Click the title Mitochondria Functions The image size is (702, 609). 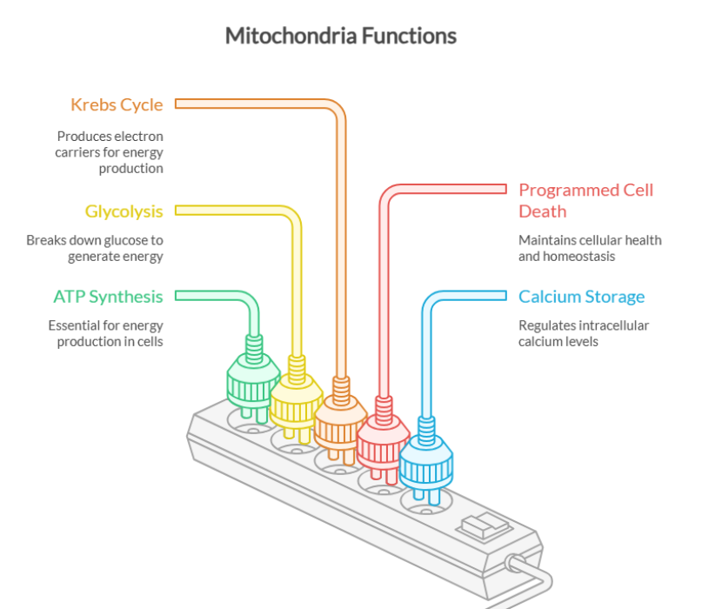[340, 36]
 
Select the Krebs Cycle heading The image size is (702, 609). [117, 105]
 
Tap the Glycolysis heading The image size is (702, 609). [124, 211]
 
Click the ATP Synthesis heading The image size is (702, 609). [108, 297]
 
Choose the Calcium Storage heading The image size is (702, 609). [581, 297]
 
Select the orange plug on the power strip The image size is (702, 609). [338, 421]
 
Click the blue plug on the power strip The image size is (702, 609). [425, 462]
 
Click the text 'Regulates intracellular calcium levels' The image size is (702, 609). [584, 334]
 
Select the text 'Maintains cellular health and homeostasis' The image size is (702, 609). [590, 248]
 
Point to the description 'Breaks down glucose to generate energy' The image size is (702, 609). [95, 248]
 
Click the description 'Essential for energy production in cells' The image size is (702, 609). [106, 334]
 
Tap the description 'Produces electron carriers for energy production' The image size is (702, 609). [110, 152]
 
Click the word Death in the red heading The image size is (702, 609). [542, 211]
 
